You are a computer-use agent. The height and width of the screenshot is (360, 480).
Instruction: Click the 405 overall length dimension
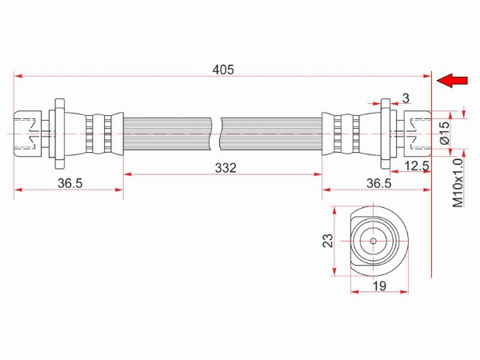[x=223, y=70]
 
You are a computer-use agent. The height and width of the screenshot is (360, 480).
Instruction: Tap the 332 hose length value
[x=226, y=168]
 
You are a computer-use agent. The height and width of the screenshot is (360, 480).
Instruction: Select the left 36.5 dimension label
[x=70, y=183]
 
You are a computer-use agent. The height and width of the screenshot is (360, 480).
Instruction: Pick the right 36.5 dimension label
[x=379, y=183]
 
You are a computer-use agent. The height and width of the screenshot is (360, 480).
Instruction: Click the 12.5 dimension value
[x=417, y=166]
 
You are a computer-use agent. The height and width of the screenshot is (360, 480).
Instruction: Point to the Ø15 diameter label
[x=444, y=133]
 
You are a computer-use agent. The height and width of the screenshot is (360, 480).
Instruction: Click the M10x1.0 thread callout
[x=458, y=183]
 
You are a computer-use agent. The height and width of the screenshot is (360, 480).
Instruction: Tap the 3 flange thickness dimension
[x=406, y=98]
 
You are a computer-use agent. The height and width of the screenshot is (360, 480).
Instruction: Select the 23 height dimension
[x=327, y=241]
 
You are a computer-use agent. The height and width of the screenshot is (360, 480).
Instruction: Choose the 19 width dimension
[x=379, y=286]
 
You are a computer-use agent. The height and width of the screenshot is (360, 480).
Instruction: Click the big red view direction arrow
[x=452, y=81]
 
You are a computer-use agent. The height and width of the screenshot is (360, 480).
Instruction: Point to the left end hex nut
[x=27, y=134]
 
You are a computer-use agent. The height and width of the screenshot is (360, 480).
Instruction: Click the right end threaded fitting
[x=418, y=134]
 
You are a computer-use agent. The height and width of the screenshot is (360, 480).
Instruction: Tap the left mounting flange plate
[x=60, y=134]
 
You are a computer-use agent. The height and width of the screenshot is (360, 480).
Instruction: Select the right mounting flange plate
[x=386, y=134]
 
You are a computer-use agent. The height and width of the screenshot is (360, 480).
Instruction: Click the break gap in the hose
[x=216, y=134]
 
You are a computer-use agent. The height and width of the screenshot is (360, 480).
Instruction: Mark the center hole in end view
[x=373, y=241]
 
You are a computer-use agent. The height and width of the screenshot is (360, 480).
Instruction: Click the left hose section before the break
[x=167, y=134]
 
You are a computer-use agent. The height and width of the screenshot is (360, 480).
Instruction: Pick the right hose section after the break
[x=271, y=134]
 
